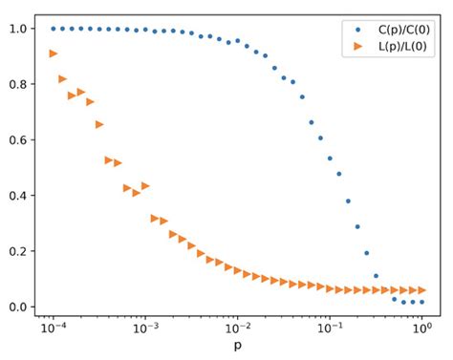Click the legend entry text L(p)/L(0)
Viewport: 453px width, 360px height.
click(x=394, y=44)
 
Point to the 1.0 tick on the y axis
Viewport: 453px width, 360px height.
click(x=20, y=29)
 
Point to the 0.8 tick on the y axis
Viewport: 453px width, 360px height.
click(x=20, y=84)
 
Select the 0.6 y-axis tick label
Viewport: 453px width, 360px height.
click(x=20, y=139)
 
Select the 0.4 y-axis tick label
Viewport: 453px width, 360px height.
click(x=20, y=196)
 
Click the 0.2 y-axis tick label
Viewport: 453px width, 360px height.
click(x=20, y=251)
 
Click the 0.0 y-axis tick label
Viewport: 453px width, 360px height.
click(x=20, y=307)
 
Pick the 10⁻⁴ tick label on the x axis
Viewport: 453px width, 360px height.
click(x=53, y=329)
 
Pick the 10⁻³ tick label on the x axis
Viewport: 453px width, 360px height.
click(x=145, y=329)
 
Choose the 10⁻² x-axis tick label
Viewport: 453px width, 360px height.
click(x=238, y=329)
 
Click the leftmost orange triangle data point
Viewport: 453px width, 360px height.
click(x=54, y=53)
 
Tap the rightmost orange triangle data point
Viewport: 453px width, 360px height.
click(x=421, y=290)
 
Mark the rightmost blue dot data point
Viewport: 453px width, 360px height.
click(x=421, y=302)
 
